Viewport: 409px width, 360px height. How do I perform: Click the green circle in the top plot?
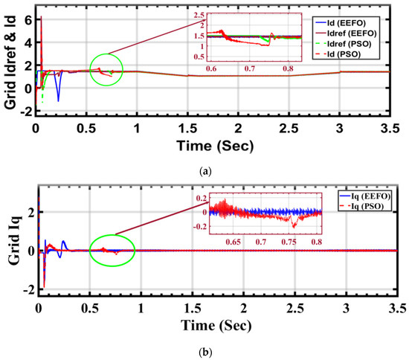point(106,70)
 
